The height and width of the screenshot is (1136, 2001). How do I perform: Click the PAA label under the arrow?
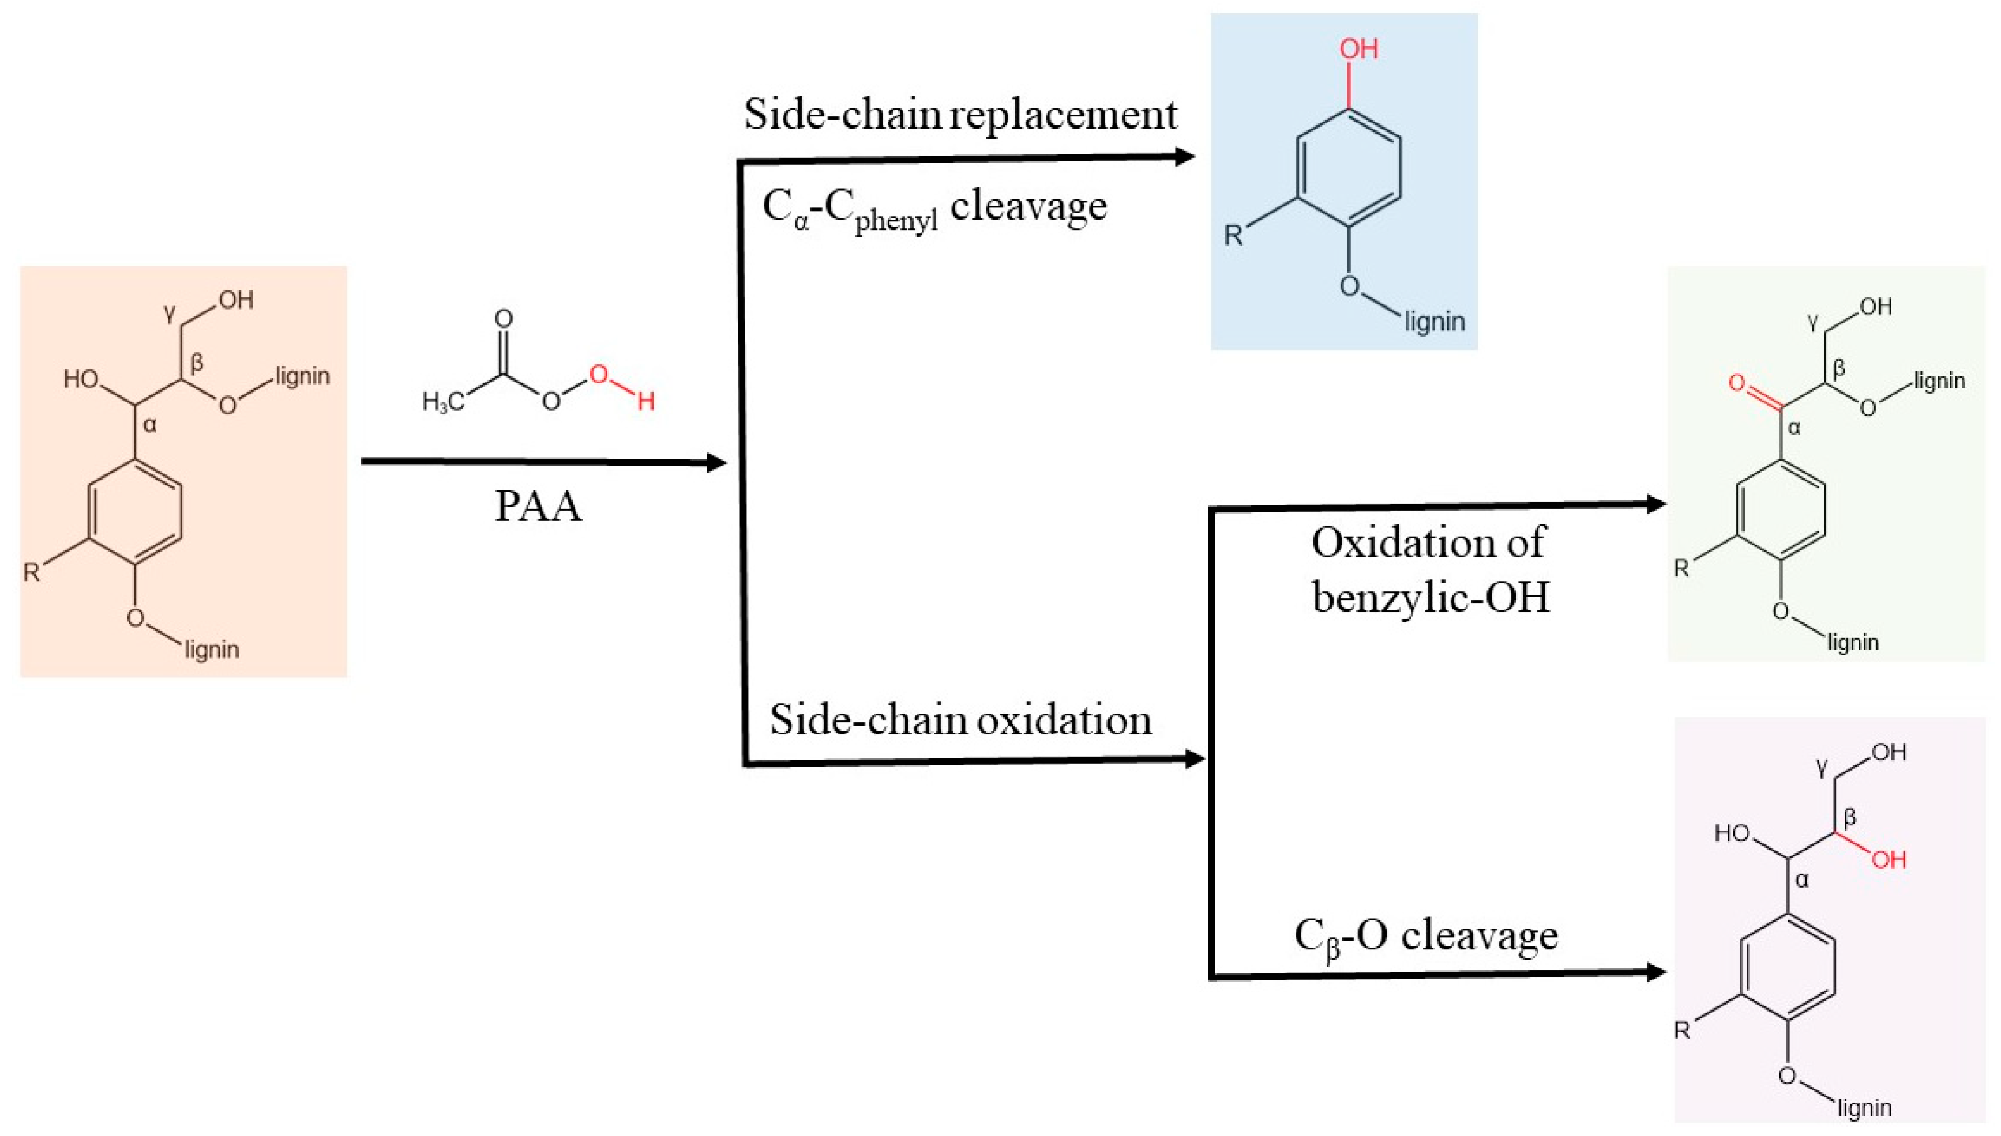click(539, 505)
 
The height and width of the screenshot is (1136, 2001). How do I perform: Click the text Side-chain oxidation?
click(960, 719)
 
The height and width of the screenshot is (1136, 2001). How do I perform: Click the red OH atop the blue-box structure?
click(1358, 49)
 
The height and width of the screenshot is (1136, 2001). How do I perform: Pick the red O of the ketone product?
click(1736, 383)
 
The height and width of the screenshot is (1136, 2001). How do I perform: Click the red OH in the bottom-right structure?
click(1889, 860)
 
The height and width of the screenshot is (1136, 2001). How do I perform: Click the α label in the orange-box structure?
click(151, 425)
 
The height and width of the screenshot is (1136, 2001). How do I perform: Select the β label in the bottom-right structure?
click(1849, 817)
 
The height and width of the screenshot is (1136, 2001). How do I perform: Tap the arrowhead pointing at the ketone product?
click(1655, 504)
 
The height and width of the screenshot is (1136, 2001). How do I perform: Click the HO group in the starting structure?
click(81, 380)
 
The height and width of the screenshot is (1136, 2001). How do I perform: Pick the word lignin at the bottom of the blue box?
click(1434, 322)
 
